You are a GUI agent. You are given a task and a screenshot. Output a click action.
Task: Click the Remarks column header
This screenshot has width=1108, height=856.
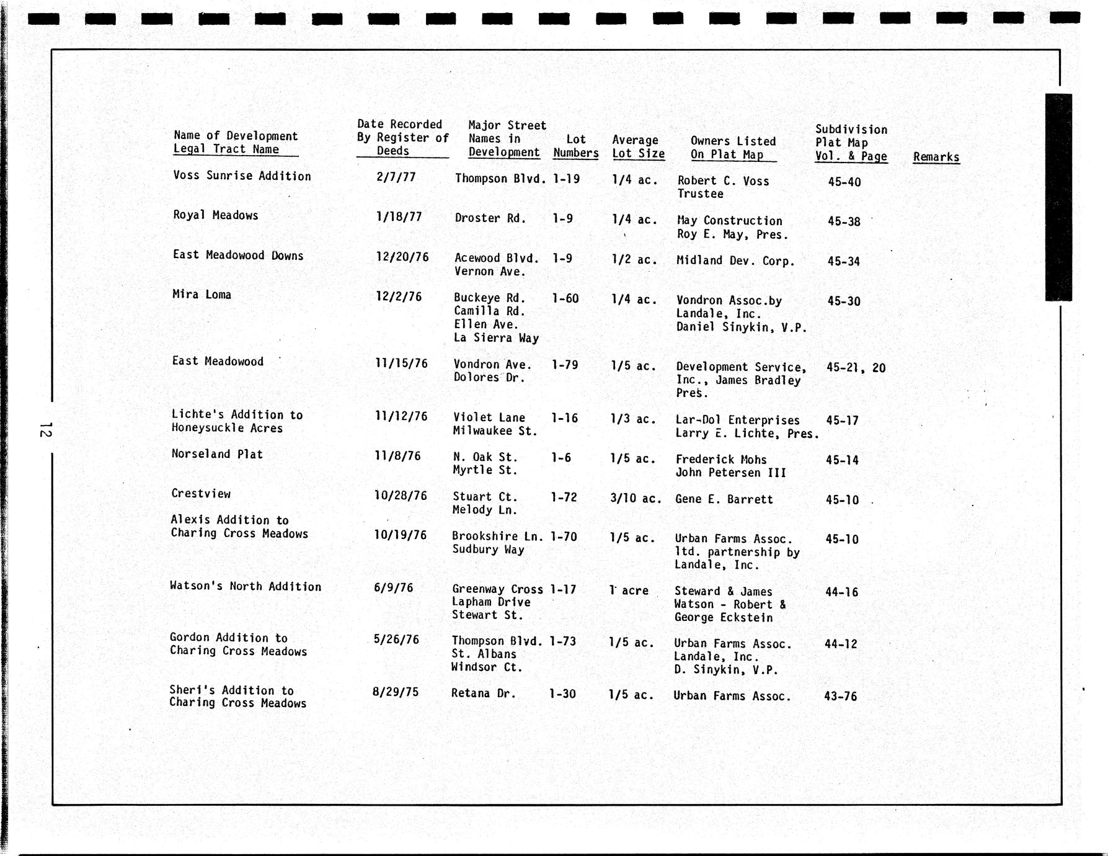(936, 157)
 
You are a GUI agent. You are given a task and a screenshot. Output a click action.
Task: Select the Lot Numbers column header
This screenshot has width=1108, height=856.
(575, 146)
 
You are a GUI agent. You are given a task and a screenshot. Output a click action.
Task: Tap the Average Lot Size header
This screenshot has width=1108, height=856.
(638, 147)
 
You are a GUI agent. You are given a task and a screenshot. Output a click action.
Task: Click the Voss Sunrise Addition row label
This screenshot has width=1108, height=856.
(242, 176)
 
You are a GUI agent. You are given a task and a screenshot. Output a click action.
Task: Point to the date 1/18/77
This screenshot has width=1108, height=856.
(399, 217)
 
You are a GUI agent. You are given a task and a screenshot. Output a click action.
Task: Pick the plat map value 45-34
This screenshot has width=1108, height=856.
(843, 261)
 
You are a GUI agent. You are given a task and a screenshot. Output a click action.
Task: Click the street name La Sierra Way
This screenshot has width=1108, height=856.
(496, 338)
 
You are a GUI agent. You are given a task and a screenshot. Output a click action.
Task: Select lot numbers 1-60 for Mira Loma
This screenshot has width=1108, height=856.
(565, 299)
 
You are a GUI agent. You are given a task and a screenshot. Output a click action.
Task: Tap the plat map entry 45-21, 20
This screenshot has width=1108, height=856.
(856, 368)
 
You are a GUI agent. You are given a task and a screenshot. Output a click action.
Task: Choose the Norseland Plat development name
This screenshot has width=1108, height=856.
(217, 454)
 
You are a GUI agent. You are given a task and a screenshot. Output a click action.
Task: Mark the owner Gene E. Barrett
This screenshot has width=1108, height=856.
(724, 499)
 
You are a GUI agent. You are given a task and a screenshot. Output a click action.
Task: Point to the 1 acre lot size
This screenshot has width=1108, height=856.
(629, 591)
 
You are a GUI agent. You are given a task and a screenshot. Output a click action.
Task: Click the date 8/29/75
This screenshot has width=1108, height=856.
(395, 692)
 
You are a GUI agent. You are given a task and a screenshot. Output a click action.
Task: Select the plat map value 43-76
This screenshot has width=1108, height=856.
(840, 697)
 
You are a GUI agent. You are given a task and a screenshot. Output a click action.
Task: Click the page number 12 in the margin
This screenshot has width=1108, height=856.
(45, 429)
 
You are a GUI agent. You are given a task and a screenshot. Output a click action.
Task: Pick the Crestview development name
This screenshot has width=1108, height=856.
(201, 494)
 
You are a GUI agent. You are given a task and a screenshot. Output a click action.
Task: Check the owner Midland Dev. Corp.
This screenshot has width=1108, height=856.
(735, 261)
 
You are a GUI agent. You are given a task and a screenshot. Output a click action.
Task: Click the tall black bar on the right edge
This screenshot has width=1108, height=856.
(1058, 197)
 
